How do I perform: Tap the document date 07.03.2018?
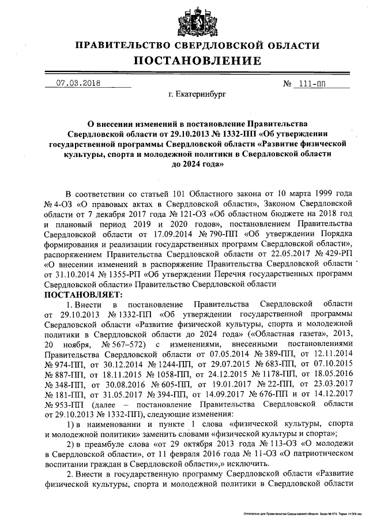tap(78, 83)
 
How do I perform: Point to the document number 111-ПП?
tap(311, 83)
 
